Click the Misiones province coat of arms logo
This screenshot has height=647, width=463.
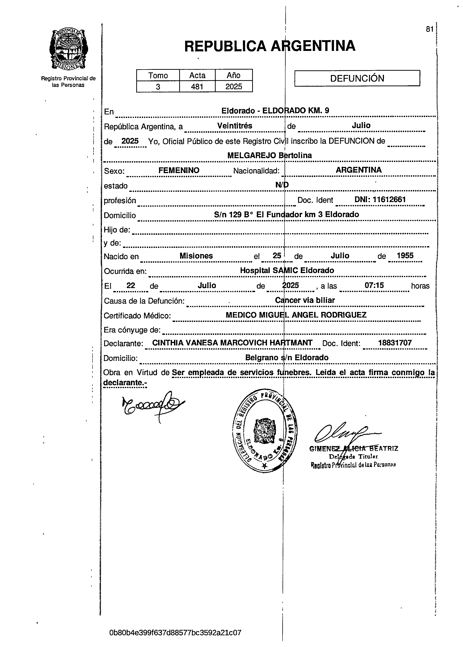coord(68,49)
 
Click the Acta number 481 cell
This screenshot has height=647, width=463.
coord(197,86)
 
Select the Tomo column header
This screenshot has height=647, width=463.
coord(158,75)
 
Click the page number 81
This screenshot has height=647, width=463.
coord(429,29)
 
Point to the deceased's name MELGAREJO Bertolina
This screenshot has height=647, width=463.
coord(269,155)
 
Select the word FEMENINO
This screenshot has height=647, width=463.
coord(179,170)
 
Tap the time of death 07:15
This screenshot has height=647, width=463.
coord(374,285)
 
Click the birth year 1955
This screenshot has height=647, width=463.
coord(405,256)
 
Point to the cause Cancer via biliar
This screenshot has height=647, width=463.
coord(305,300)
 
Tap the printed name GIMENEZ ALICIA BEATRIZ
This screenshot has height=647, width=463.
coord(354,449)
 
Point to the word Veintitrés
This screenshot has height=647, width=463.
coord(235,126)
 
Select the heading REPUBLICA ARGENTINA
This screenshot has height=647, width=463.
coord(270,46)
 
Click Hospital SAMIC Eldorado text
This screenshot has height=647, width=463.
coord(287,270)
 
